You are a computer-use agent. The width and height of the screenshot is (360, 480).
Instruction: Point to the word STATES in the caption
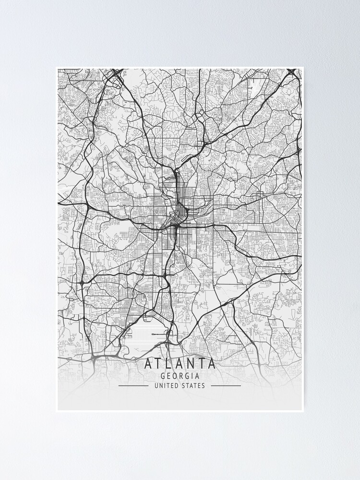(x=193, y=385)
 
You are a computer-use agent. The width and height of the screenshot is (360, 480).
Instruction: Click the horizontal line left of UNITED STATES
(x=133, y=385)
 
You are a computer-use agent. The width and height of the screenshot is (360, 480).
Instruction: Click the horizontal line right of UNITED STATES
(x=226, y=385)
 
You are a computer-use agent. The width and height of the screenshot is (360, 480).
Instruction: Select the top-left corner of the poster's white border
(x=57, y=68)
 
